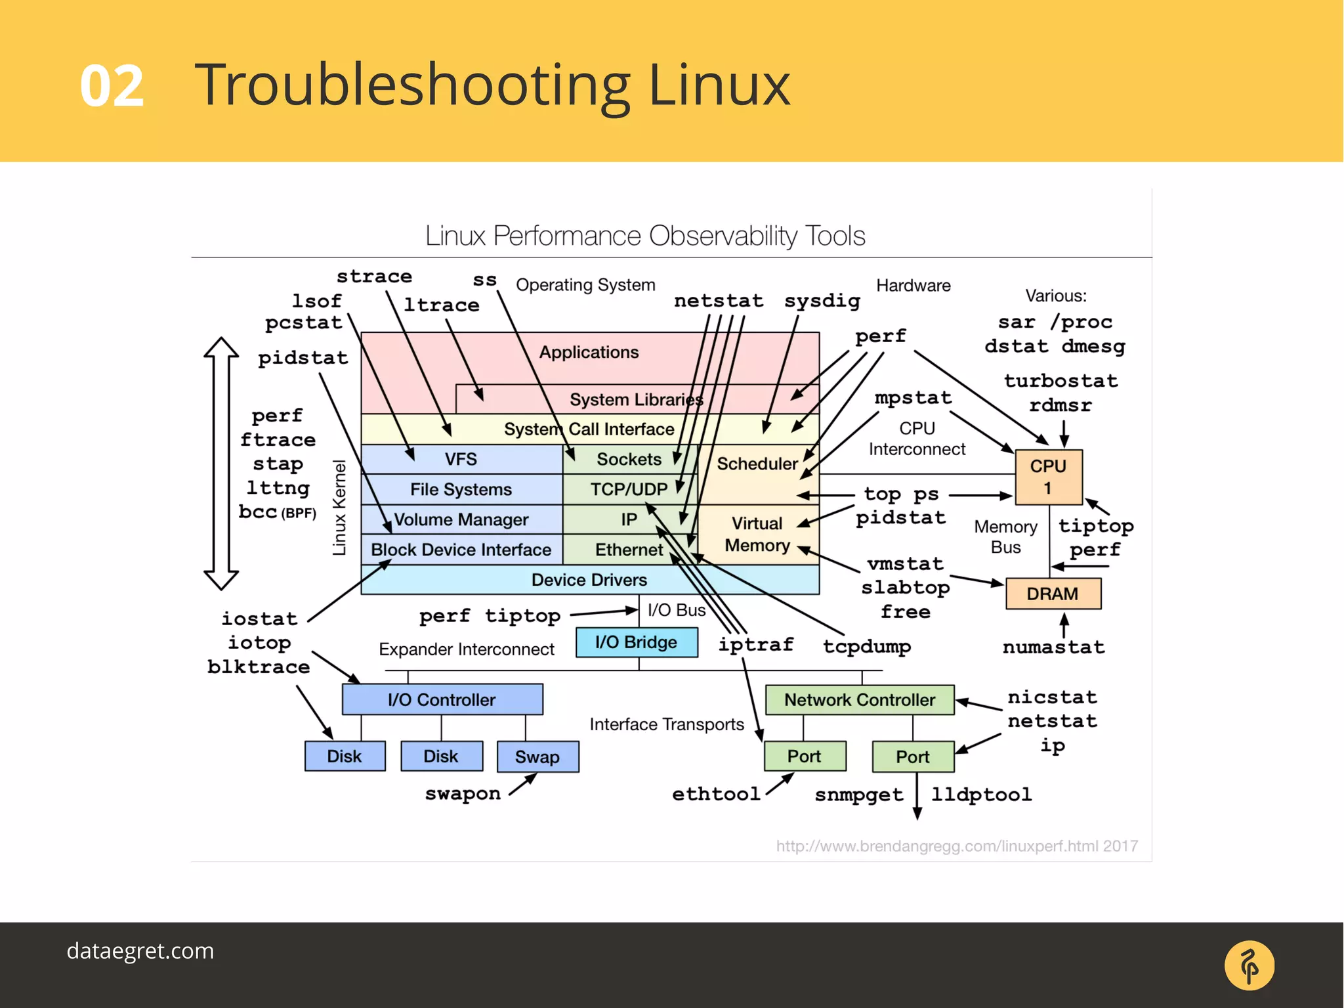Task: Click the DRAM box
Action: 1053,594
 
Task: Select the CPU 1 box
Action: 1048,477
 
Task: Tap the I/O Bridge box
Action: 636,642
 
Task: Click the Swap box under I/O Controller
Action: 537,756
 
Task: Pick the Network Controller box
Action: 859,699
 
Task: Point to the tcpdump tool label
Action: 867,646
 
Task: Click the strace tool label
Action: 374,276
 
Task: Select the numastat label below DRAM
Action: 1053,647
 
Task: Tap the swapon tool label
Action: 463,793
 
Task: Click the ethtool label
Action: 716,794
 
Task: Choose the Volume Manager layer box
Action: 461,519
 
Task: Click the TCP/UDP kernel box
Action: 628,489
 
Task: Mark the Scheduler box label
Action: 757,464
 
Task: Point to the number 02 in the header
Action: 112,86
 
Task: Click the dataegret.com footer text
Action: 140,951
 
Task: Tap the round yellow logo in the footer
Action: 1249,965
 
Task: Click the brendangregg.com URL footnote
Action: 957,846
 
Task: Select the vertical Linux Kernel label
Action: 339,508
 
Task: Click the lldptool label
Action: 981,795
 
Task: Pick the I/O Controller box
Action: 442,699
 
